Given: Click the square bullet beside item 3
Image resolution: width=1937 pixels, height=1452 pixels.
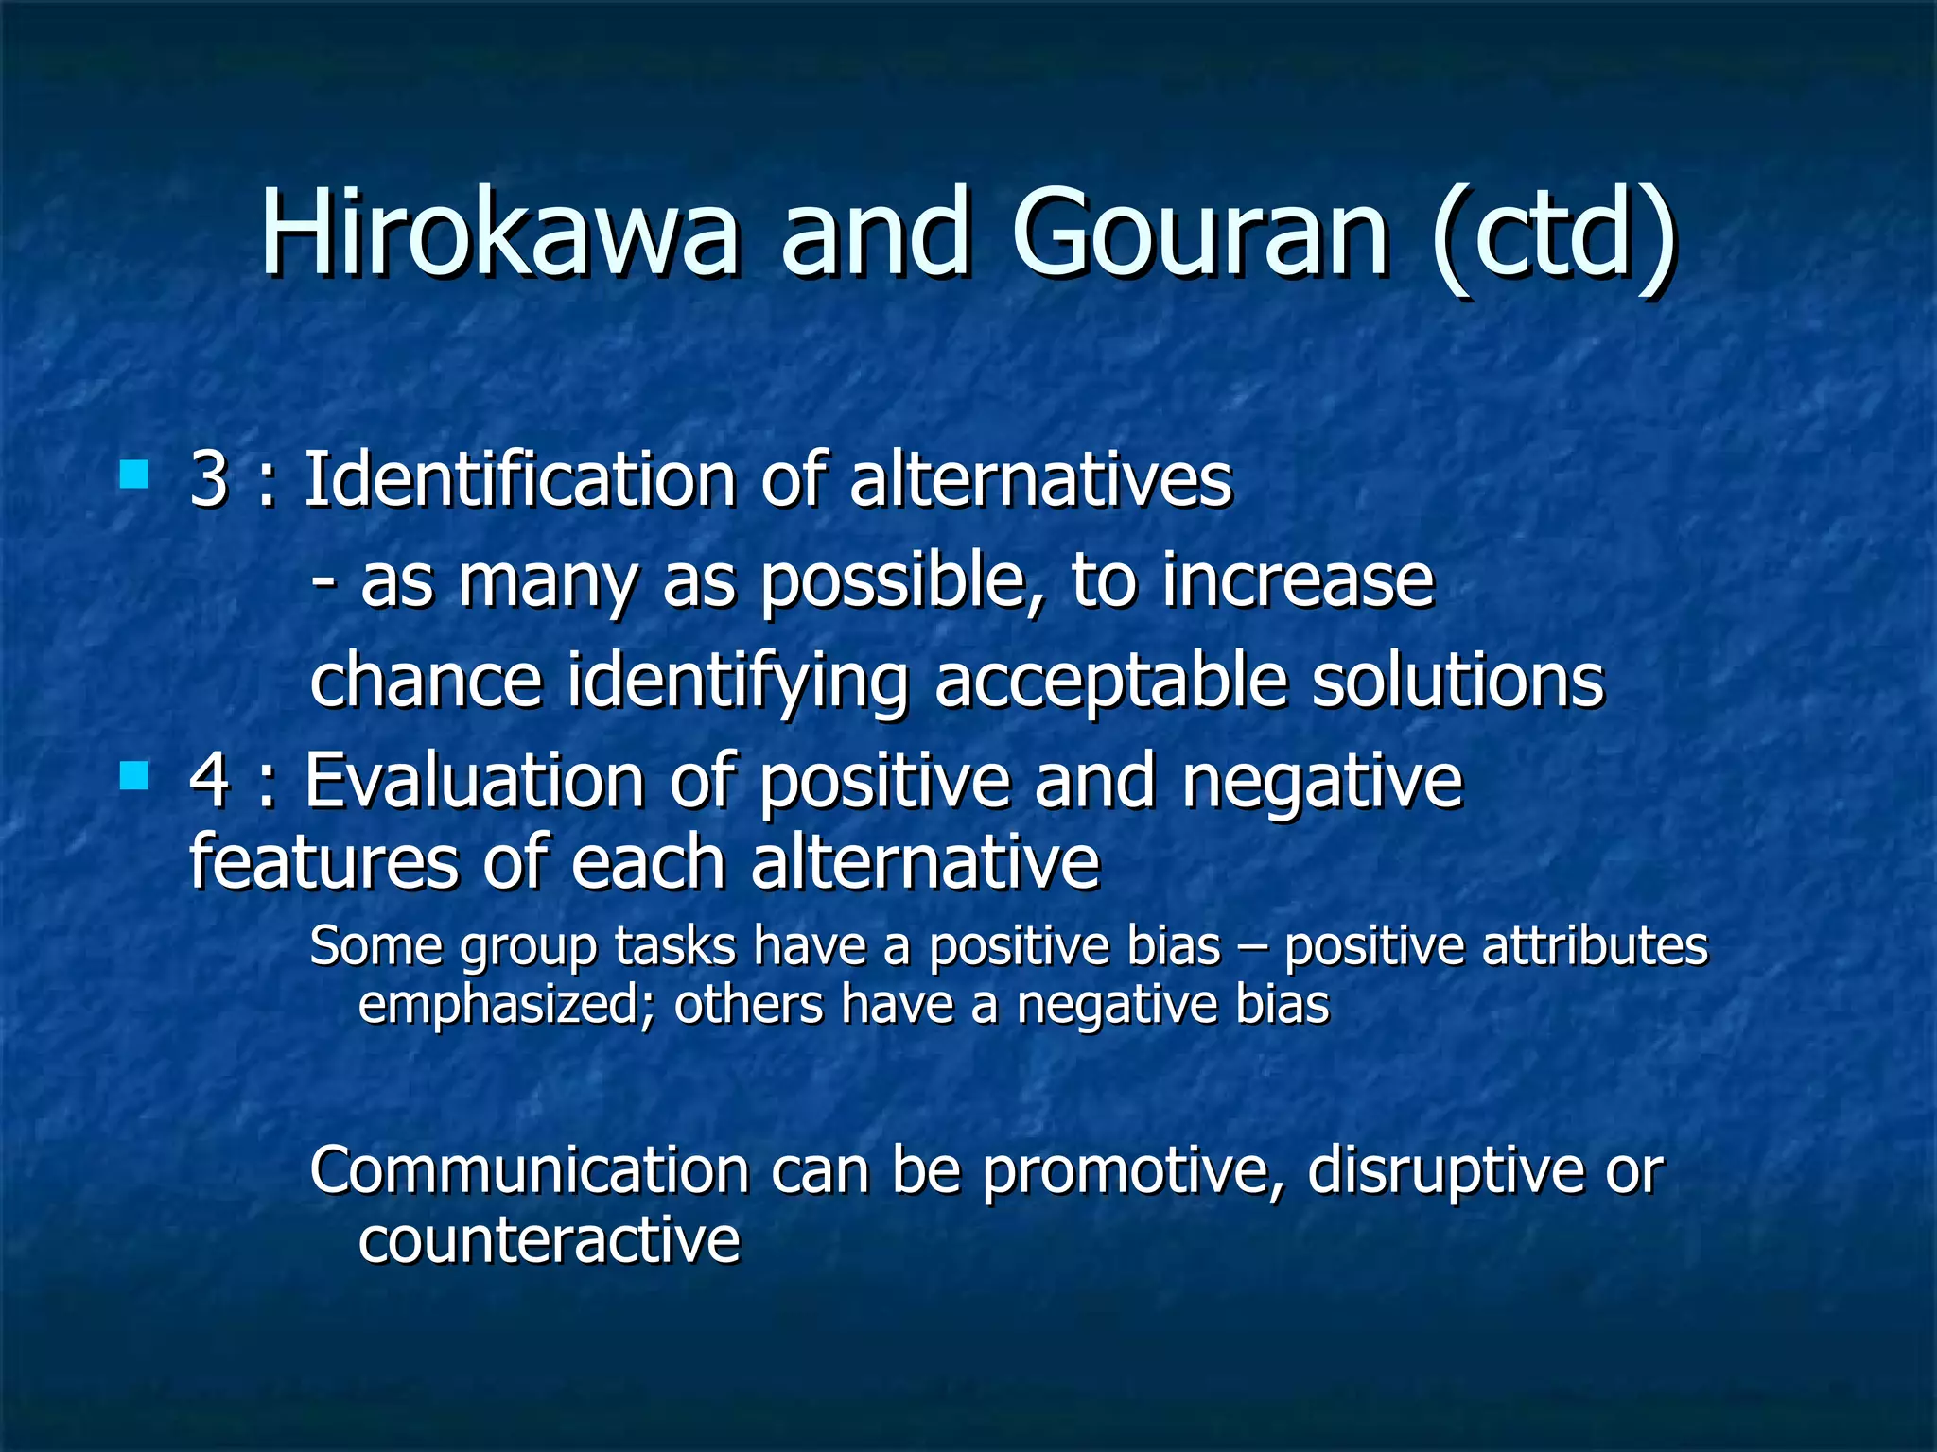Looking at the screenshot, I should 134,474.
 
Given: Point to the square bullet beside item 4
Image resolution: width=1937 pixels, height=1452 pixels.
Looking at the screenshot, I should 134,776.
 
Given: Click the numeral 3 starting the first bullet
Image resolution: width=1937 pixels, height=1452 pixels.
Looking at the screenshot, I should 209,479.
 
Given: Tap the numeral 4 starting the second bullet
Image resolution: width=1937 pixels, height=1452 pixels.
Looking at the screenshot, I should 209,781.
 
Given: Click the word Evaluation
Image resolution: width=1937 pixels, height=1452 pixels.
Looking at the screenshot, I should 474,781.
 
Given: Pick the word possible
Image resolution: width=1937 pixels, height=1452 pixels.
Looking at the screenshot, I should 894,580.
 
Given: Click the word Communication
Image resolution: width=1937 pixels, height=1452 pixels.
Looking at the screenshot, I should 530,1170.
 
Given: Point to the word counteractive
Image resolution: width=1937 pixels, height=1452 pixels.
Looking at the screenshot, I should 549,1240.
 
